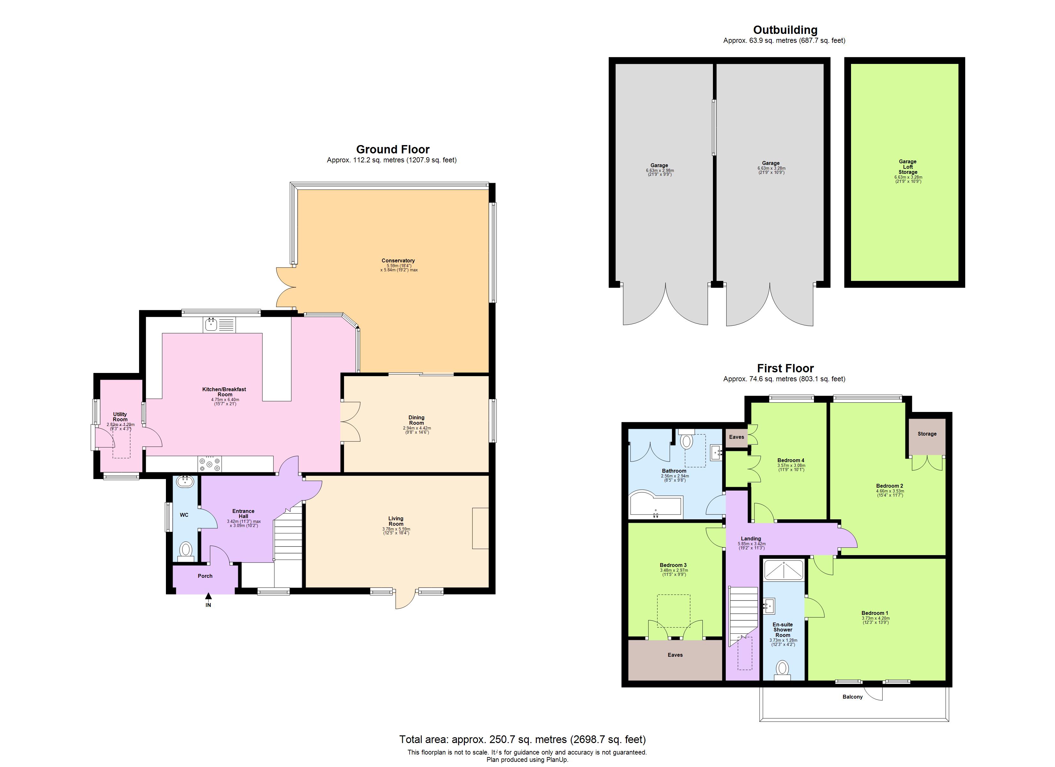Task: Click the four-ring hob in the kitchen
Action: pyautogui.click(x=210, y=464)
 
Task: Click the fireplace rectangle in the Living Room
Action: pyautogui.click(x=480, y=528)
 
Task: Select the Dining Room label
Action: pyautogui.click(x=416, y=420)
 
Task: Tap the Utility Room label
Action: pyautogui.click(x=120, y=417)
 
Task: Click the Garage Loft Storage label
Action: pyautogui.click(x=908, y=167)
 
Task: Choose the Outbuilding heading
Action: pyautogui.click(x=785, y=30)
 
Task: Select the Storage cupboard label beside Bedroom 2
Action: pyautogui.click(x=926, y=433)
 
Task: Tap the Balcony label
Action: pyautogui.click(x=852, y=697)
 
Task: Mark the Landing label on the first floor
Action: pyautogui.click(x=751, y=538)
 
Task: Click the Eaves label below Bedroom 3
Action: pyautogui.click(x=675, y=655)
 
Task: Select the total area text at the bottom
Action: pyautogui.click(x=522, y=740)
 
